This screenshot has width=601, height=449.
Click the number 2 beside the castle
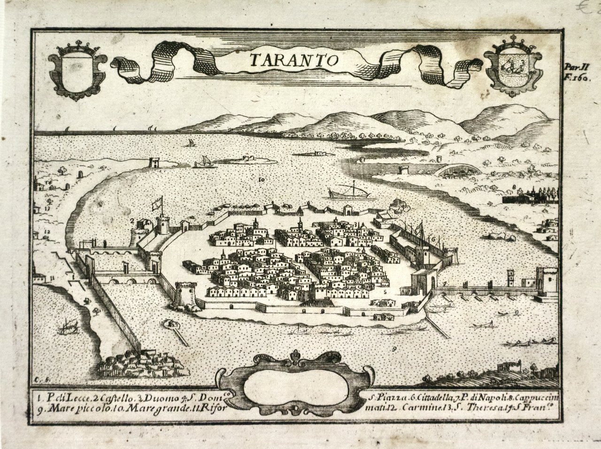pos(133,220)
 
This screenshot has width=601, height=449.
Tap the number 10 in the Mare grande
pos(261,179)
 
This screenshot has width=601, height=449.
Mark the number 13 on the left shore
pos(47,207)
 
